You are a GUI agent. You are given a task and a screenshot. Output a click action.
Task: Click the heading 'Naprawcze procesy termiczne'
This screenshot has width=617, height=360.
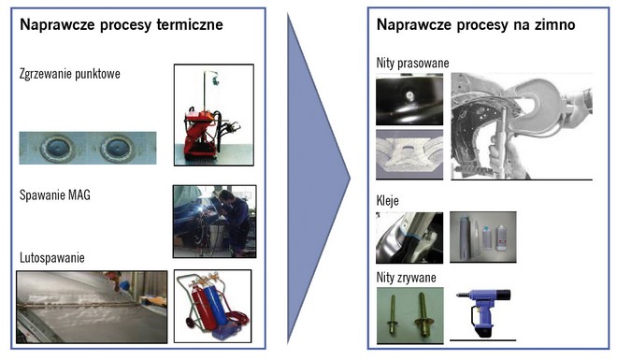(x=122, y=25)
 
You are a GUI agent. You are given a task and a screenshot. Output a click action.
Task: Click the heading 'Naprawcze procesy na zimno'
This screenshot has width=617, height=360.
(x=476, y=25)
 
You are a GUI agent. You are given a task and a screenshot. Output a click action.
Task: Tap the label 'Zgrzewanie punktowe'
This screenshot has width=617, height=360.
(x=70, y=74)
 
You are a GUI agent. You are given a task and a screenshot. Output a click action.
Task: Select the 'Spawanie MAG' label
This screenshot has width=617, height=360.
(x=55, y=194)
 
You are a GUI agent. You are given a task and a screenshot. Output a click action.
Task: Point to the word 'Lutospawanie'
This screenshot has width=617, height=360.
(x=52, y=258)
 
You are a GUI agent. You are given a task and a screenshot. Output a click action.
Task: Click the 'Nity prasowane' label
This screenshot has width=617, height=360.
(x=412, y=63)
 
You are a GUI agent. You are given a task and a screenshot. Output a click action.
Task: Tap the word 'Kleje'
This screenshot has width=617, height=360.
(x=388, y=201)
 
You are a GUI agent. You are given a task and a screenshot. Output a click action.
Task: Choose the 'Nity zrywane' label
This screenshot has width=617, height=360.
(x=406, y=278)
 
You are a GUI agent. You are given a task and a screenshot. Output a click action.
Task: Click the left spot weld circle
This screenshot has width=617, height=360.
(x=57, y=149)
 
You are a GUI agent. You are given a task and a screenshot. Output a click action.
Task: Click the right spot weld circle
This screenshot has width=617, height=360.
(x=117, y=149)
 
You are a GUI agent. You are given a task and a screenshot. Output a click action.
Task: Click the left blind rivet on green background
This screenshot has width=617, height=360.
(x=393, y=315)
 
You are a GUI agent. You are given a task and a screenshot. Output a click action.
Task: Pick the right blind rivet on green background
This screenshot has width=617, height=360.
(x=423, y=315)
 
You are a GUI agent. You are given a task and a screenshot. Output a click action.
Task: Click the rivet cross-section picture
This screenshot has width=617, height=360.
(x=409, y=154)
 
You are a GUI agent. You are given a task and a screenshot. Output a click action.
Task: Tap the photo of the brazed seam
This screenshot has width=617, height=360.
(x=92, y=307)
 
